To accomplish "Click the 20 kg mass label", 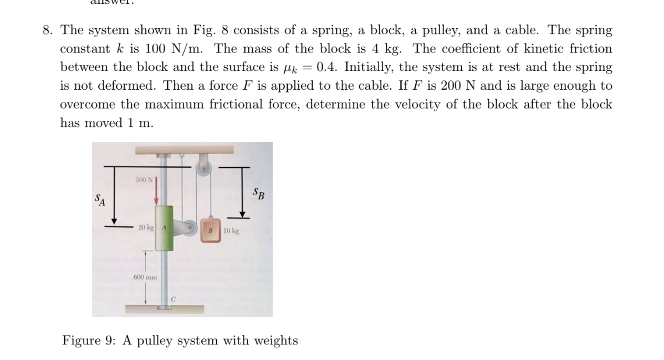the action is click(x=146, y=228).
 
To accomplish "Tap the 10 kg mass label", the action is click(x=232, y=230).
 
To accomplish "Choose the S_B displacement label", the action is click(x=258, y=194).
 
